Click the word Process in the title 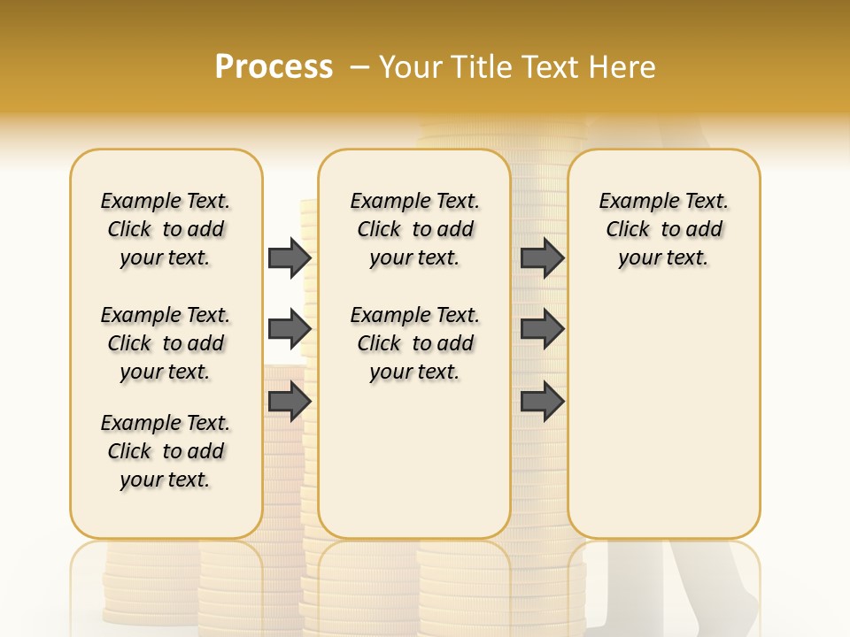[274, 67]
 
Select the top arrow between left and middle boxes [289, 257]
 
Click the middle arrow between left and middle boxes [289, 329]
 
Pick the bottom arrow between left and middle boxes [289, 401]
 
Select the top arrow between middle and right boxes [542, 257]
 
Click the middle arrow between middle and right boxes [542, 329]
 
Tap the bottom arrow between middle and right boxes [542, 401]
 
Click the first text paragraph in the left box [166, 229]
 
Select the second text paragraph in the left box [166, 343]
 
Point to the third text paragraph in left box [166, 451]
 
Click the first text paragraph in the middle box [414, 229]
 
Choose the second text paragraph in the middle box [414, 343]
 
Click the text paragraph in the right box [663, 229]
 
